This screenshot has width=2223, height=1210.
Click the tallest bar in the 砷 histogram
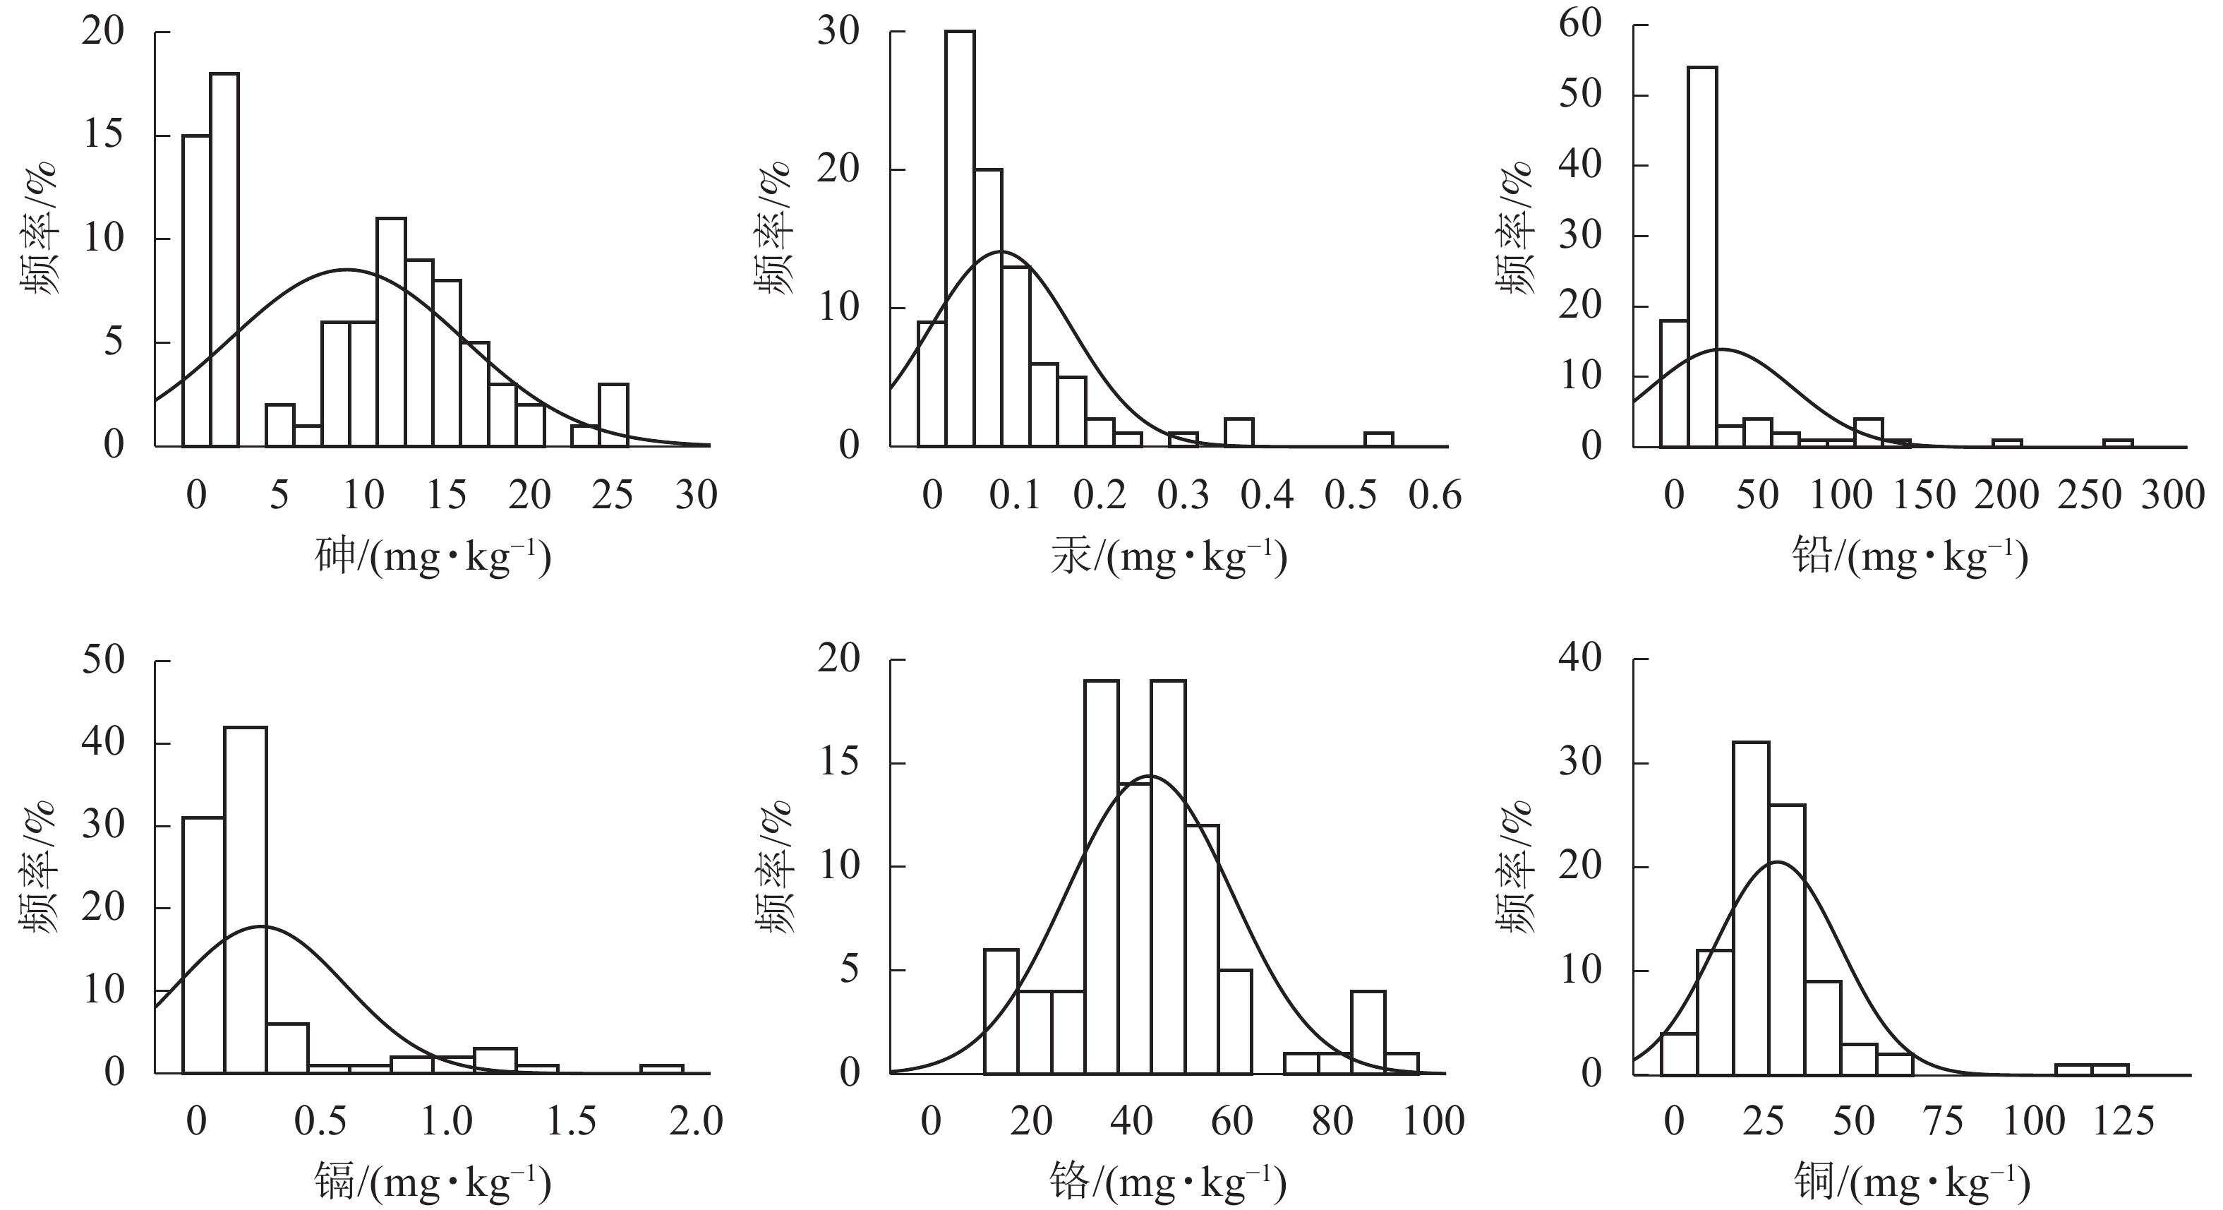tap(224, 259)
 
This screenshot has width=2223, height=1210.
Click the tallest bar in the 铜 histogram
tap(1750, 906)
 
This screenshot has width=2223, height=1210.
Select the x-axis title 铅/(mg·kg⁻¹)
tap(1909, 558)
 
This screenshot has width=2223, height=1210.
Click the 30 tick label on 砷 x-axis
tap(696, 496)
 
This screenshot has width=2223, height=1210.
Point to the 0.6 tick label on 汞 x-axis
tap(1434, 496)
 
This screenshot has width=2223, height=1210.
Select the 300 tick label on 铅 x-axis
tap(2172, 496)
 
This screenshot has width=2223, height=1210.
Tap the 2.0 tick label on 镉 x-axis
tap(697, 1121)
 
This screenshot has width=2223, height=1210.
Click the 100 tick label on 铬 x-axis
tap(1433, 1121)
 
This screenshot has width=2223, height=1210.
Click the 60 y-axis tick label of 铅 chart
tap(1579, 24)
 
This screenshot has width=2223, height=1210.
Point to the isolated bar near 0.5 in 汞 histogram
tap(1378, 439)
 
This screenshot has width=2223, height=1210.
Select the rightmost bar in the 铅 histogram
tap(2118, 443)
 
